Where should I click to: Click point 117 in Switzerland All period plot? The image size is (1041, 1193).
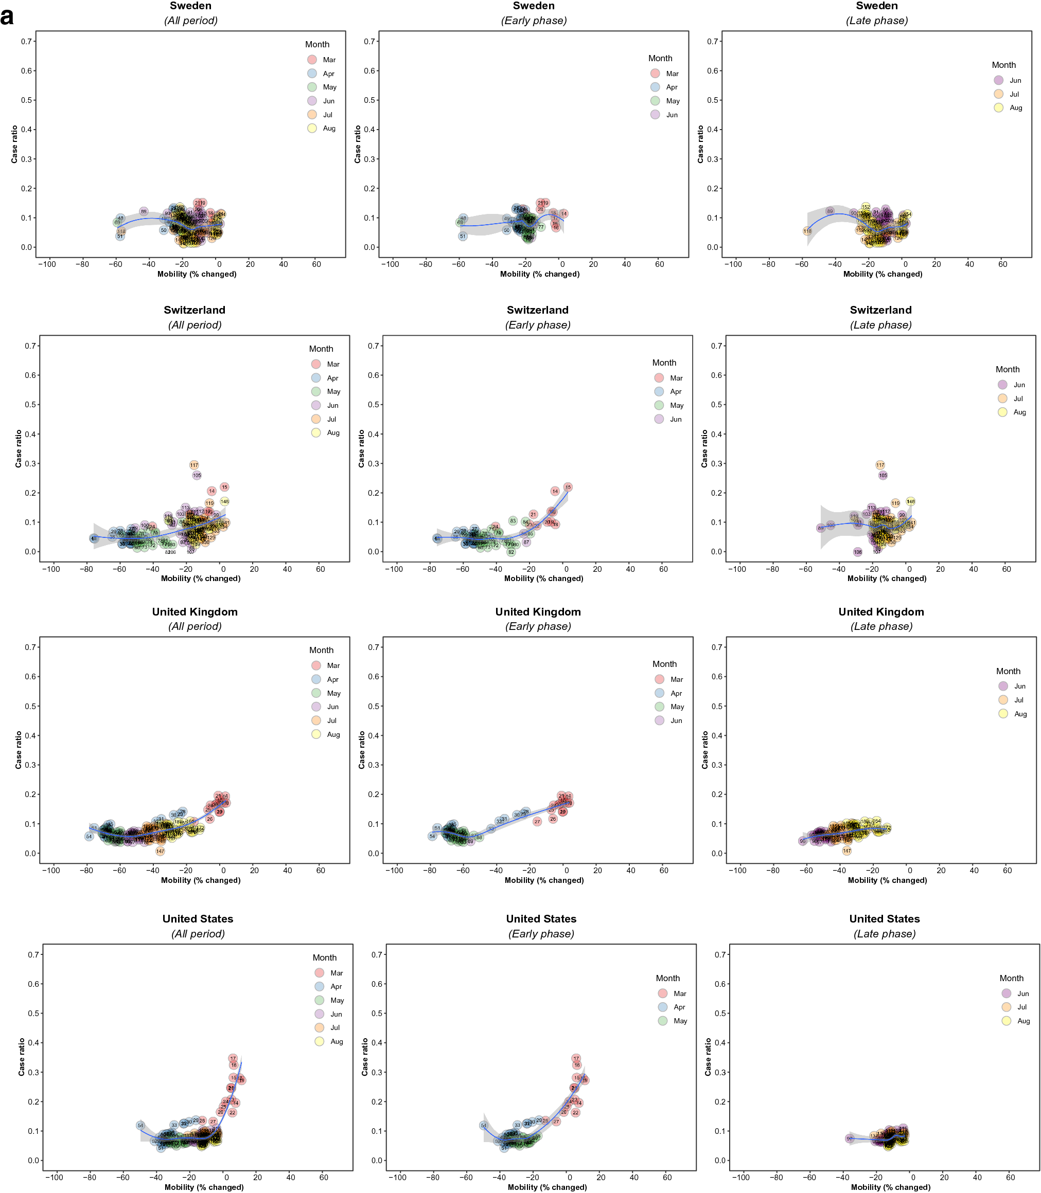tap(194, 465)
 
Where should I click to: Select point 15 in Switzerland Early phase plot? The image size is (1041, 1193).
tap(568, 487)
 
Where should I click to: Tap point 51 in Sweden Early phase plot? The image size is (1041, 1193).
tap(463, 236)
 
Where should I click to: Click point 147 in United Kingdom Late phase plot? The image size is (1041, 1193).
tap(847, 851)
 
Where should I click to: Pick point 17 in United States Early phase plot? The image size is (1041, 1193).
tap(576, 1058)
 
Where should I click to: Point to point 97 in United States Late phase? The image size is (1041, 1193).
tap(849, 1138)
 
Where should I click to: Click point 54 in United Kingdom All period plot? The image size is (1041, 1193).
tap(89, 837)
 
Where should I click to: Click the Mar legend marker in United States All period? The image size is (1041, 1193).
tap(320, 972)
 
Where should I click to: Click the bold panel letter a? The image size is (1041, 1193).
tap(7, 17)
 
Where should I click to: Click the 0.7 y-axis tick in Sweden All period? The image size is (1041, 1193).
tap(27, 41)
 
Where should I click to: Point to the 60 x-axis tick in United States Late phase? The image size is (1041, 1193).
tap(1010, 1178)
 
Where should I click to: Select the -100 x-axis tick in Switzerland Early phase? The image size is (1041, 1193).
tap(393, 569)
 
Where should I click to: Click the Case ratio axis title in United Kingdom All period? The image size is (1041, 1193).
tap(18, 750)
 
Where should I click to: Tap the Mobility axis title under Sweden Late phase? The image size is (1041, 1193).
tap(883, 274)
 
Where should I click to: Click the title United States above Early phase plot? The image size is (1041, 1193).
tap(541, 919)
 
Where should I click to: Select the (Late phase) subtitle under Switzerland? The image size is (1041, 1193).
tap(880, 325)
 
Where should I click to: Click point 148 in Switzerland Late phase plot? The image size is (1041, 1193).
tap(910, 501)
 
